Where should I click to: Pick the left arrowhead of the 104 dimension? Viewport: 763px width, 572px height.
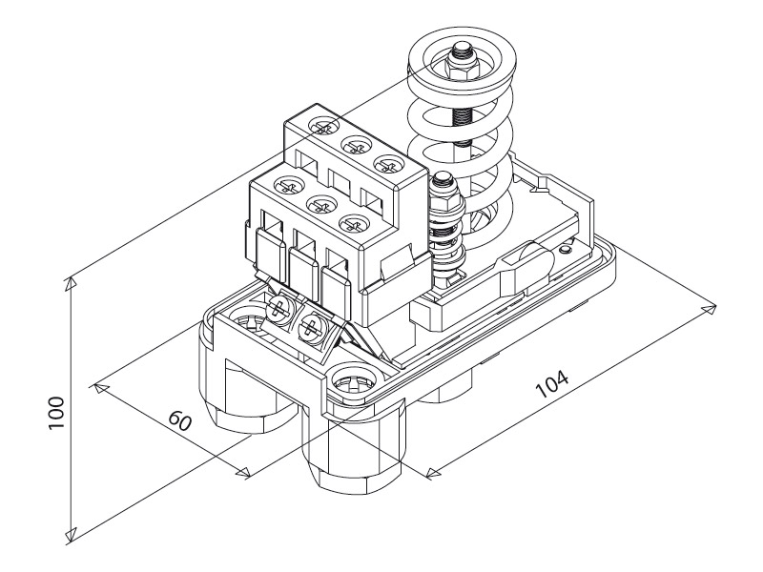tap(432, 471)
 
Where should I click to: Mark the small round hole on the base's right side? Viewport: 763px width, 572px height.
tap(565, 250)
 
